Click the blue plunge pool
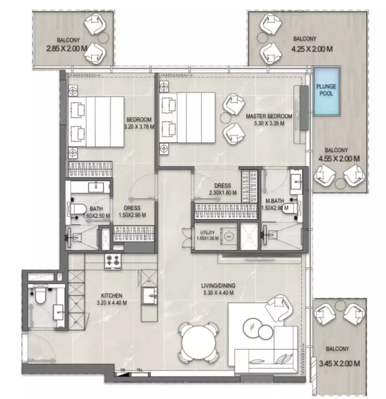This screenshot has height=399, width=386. pyautogui.click(x=326, y=91)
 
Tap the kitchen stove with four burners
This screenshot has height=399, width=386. pyautogui.click(x=113, y=261)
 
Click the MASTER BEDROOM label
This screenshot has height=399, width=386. pyautogui.click(x=269, y=116)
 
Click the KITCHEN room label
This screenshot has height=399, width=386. pyautogui.click(x=112, y=296)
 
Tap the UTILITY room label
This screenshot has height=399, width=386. pyautogui.click(x=208, y=233)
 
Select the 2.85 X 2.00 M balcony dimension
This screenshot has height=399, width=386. pyautogui.click(x=67, y=48)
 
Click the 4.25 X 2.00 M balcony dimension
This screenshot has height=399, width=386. pyautogui.click(x=312, y=49)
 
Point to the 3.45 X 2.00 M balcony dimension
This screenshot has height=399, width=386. pyautogui.click(x=339, y=363)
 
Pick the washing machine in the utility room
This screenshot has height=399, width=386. pyautogui.click(x=229, y=237)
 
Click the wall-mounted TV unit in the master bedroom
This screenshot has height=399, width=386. pyautogui.click(x=304, y=108)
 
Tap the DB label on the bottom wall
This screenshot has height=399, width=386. pyautogui.click(x=122, y=370)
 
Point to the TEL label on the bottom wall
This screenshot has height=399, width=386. pyautogui.click(x=139, y=370)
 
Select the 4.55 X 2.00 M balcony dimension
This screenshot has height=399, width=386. pyautogui.click(x=339, y=158)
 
